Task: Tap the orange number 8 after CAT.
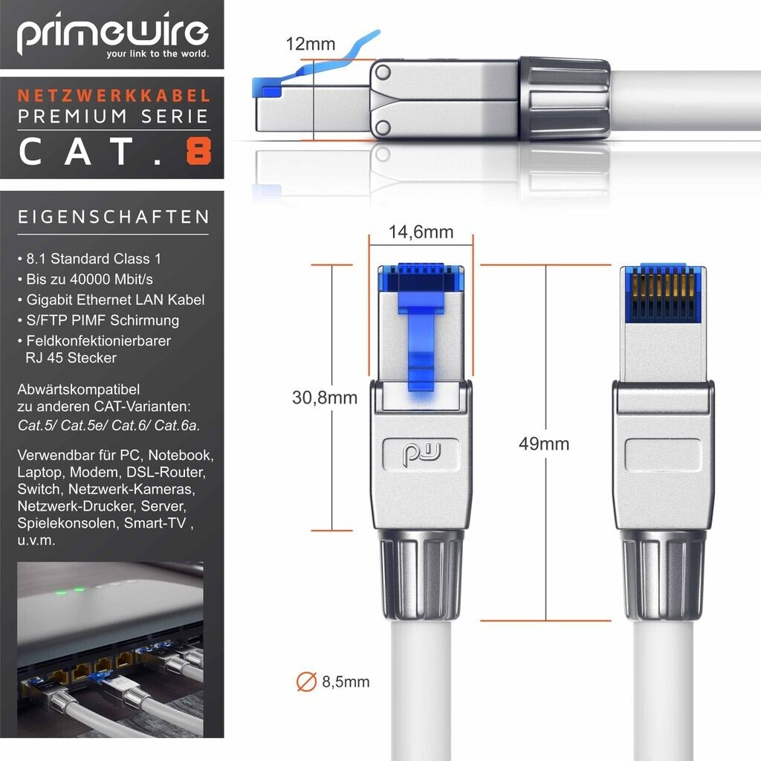pos(198,151)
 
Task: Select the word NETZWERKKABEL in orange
pos(114,96)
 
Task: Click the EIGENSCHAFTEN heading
pos(113,217)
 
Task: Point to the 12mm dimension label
pos(310,44)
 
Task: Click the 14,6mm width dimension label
pos(421,232)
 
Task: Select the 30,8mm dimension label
pos(325,398)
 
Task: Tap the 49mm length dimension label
pos(543,444)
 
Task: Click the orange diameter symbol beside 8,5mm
pos(306,681)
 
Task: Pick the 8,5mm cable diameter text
pos(346,682)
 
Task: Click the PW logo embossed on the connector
pos(421,454)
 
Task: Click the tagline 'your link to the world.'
pos(158,54)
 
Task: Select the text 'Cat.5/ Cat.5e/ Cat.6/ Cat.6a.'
pos(109,426)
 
